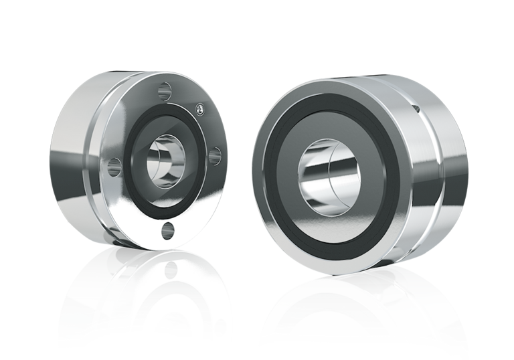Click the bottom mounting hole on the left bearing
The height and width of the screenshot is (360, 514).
click(167, 231)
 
